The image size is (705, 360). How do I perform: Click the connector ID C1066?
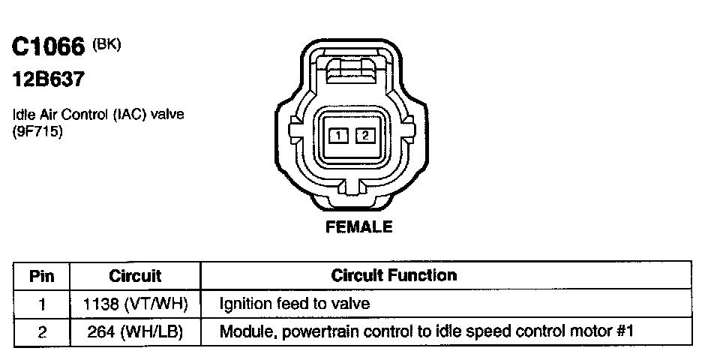coord(49,47)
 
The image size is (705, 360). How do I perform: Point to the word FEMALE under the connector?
coord(358,226)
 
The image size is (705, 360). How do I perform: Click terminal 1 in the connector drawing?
coord(340,136)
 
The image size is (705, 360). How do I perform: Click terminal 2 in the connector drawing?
coord(364,136)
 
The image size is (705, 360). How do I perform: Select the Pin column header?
coord(42,276)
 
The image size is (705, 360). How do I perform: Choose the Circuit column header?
coord(135,276)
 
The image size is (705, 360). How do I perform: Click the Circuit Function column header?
coord(394,275)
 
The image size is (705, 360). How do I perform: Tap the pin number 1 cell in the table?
coord(42,304)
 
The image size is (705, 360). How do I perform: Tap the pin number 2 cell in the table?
coord(42,331)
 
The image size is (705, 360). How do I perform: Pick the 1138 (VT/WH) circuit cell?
coord(135,304)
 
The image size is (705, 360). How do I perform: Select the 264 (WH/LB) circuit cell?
coord(135,331)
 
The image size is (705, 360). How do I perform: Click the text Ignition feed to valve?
coord(295,304)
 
